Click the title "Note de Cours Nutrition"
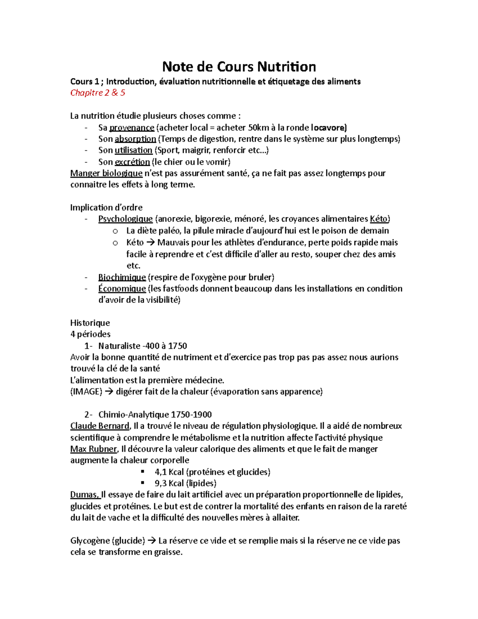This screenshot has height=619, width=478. tap(239, 67)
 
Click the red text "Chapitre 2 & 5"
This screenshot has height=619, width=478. tap(98, 93)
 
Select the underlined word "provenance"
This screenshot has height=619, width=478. tap(131, 128)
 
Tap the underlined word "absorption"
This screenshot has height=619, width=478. tap(135, 139)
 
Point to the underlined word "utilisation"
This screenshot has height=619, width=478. tap(133, 150)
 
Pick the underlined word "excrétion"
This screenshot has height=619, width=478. tap(132, 162)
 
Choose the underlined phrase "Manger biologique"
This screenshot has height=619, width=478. tap(106, 173)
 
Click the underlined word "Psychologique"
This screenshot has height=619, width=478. tap(125, 219)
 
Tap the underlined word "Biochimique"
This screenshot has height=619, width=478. tap(122, 277)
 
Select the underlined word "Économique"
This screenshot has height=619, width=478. tap(122, 289)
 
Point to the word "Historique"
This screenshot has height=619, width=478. tap(90, 323)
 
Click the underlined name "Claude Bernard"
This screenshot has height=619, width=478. tap(100, 426)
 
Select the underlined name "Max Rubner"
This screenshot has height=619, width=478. tap(94, 449)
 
